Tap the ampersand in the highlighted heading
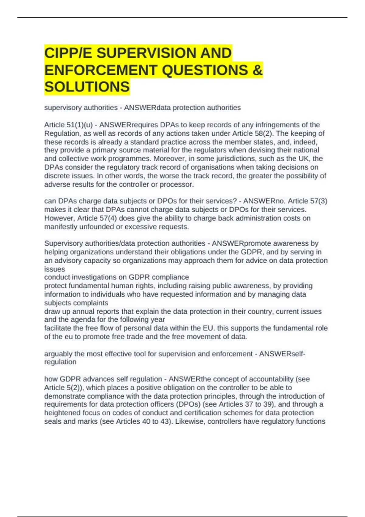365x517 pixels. [x=257, y=70]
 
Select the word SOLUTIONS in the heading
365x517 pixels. [x=87, y=87]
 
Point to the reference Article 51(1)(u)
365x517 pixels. [x=68, y=125]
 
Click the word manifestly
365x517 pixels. [x=61, y=227]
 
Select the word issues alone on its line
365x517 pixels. [x=55, y=269]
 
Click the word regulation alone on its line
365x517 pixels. [x=60, y=362]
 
